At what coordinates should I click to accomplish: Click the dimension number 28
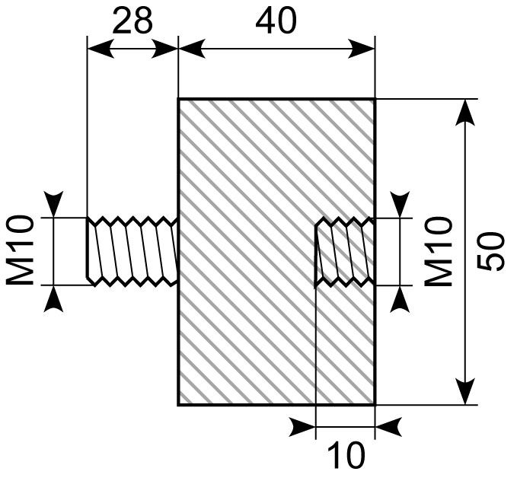tap(132, 21)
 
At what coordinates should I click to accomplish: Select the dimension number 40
tap(276, 21)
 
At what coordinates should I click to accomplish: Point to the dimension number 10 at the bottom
tap(346, 456)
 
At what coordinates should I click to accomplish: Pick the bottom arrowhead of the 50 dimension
tap(466, 392)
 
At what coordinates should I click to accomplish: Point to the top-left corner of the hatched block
tap(179, 99)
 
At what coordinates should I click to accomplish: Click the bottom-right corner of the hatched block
tap(375, 405)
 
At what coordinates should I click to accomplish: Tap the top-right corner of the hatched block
tap(375, 99)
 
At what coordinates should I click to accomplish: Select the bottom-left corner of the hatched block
tap(179, 405)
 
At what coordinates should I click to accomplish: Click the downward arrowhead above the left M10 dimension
tap(54, 205)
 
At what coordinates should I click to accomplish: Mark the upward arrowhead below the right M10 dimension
tap(398, 298)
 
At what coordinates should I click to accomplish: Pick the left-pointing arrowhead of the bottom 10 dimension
tap(388, 428)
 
